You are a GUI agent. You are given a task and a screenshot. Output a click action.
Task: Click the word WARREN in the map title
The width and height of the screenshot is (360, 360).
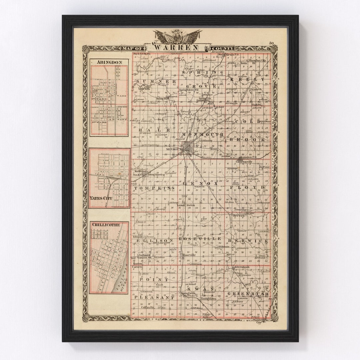(x=177, y=47)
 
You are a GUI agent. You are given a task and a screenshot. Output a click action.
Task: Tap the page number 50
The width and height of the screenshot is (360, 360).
(x=271, y=43)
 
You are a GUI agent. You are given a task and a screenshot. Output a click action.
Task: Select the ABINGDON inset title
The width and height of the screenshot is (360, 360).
(x=109, y=62)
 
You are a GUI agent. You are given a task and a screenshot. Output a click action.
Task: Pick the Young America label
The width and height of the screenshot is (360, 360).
(x=156, y=174)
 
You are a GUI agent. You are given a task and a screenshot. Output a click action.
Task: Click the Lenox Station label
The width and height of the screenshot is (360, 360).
(x=186, y=205)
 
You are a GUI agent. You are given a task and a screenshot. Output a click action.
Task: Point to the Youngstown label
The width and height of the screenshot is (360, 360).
(x=208, y=299)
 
